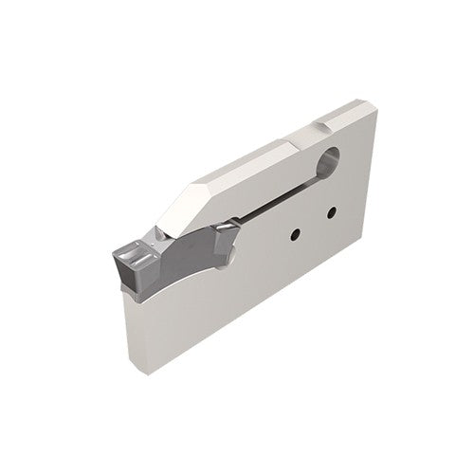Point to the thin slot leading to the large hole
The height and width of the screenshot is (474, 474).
[284, 196]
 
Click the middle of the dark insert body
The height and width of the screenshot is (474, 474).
[186, 256]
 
